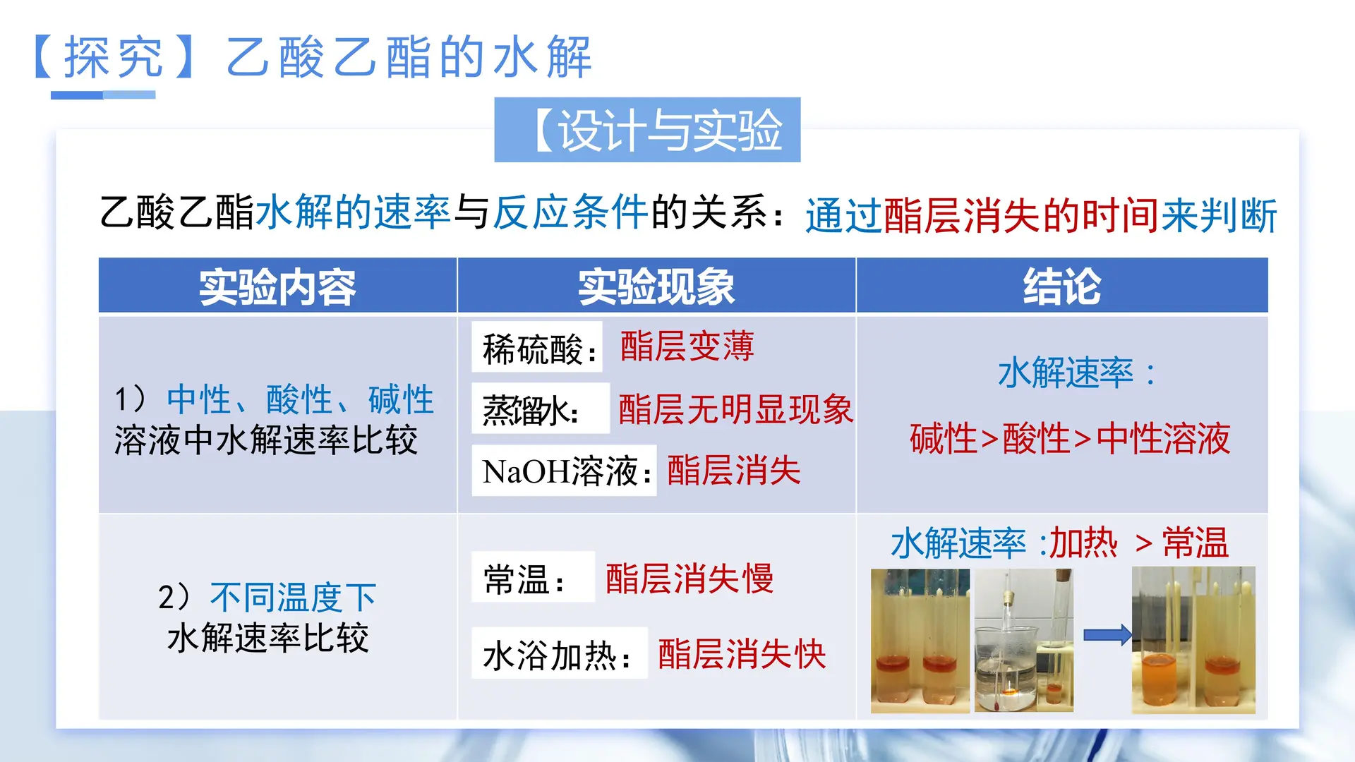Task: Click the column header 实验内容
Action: [x=277, y=287]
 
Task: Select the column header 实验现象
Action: [x=656, y=287]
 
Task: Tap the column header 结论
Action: [x=1061, y=287]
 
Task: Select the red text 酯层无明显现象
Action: [x=735, y=409]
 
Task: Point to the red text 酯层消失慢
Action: [x=689, y=579]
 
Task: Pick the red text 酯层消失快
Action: [x=742, y=654]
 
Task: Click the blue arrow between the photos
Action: [x=1107, y=635]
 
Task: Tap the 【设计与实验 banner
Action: [x=647, y=131]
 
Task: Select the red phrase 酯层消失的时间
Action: [x=1021, y=215]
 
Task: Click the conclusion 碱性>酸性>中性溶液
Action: [x=1069, y=439]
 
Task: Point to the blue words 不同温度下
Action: [x=293, y=598]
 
